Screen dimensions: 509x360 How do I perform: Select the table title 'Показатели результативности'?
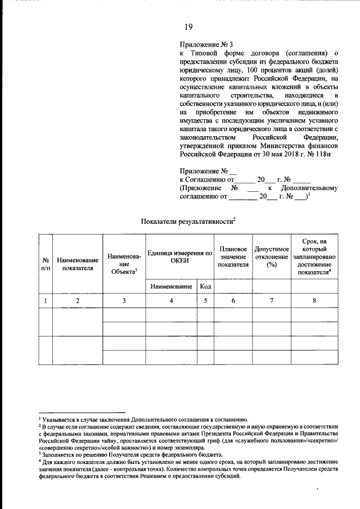187,222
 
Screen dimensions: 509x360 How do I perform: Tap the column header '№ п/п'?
46,264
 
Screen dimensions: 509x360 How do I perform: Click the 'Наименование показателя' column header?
78,264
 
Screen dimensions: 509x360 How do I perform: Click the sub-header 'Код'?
205,286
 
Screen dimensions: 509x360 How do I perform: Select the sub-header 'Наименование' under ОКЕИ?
171,286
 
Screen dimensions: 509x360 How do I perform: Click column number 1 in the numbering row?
46,301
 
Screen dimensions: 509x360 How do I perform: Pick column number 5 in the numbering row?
205,301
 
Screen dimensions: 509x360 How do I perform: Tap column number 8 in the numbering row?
314,301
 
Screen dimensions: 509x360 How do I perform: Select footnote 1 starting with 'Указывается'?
143,420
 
